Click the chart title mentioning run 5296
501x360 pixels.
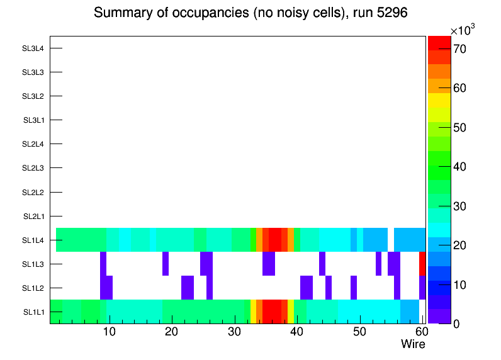coord(250,13)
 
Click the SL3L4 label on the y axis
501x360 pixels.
coord(33,48)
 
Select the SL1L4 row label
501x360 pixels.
coord(33,240)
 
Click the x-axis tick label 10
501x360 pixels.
coord(110,332)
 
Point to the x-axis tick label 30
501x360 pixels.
coord(234,332)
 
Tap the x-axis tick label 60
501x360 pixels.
coord(420,332)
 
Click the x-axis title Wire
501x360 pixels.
coord(413,344)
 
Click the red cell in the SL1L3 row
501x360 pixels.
coord(422,264)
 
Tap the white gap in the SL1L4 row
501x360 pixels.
coord(391,240)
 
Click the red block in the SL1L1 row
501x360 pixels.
coord(272,312)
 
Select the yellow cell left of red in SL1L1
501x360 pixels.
coord(253,312)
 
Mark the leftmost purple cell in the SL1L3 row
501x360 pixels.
coord(103,264)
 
